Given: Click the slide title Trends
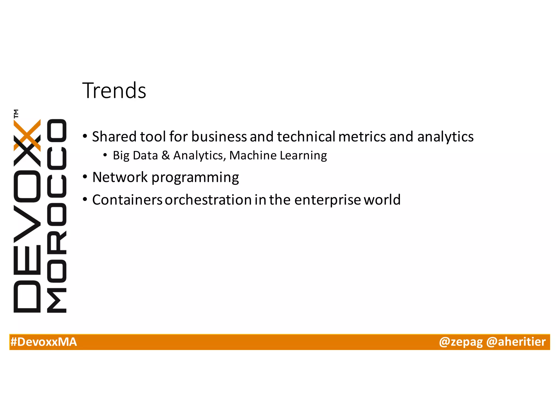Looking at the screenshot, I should pos(114,91).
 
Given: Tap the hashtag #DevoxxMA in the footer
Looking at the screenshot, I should pos(43,342).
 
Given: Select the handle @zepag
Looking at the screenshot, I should pos(461,342).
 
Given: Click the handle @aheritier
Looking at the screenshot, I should pos(516,342).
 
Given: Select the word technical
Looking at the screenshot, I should pos(306,136).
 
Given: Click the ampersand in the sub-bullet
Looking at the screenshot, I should pos(166,155).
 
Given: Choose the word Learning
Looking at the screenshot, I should pos(303,155).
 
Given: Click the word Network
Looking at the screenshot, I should pos(120,177).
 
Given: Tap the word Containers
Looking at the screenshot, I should pos(127,200).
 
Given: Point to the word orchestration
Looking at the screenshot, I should pos(208,200).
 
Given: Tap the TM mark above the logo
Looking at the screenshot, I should pos(16,113).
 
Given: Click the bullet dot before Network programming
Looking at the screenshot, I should pos(85,177).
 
